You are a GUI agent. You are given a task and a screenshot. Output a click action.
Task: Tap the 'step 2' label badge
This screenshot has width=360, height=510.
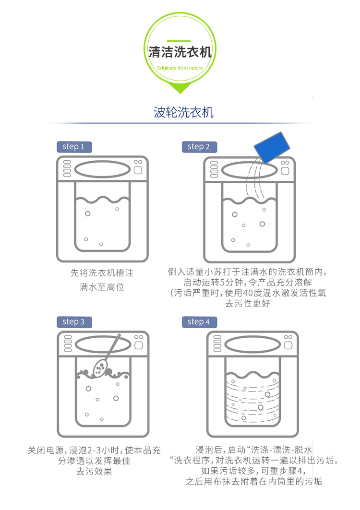click(199, 147)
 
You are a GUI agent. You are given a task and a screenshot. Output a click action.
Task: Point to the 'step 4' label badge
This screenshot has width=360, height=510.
click(199, 321)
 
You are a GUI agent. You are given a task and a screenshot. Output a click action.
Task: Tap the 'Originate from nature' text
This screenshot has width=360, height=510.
click(180, 68)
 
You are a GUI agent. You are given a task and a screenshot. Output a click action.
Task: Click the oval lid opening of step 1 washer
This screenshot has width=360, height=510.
click(102, 169)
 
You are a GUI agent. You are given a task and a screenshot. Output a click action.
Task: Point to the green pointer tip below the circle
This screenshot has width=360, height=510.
click(180, 91)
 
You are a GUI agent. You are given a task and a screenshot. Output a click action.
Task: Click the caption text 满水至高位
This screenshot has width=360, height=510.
click(102, 287)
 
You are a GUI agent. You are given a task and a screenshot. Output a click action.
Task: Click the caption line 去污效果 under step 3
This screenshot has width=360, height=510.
click(94, 472)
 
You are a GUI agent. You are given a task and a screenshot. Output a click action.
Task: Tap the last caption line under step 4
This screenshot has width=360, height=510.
click(254, 482)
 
